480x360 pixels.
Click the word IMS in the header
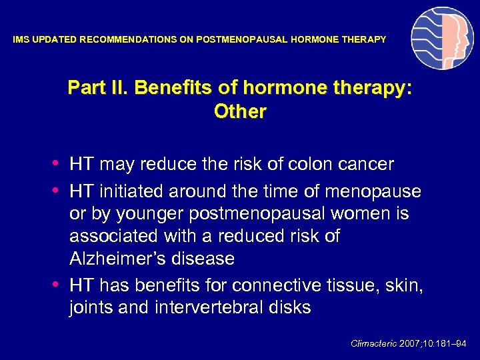(x=21, y=40)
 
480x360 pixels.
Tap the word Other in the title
(x=240, y=112)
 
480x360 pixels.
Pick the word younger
(x=143, y=215)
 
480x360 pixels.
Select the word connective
(x=276, y=286)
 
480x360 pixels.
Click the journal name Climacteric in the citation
(x=374, y=344)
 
